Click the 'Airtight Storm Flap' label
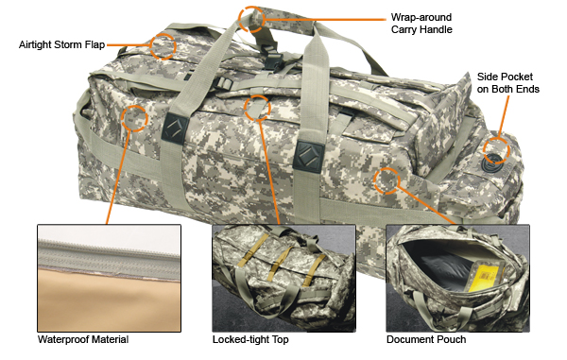pyautogui.click(x=61, y=44)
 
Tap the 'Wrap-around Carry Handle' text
pyautogui.click(x=421, y=24)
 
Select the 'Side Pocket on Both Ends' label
pyautogui.click(x=508, y=83)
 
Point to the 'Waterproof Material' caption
pyautogui.click(x=83, y=340)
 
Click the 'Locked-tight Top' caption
pyautogui.click(x=250, y=340)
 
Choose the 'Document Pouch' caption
pyautogui.click(x=426, y=340)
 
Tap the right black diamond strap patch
pyautogui.click(x=308, y=157)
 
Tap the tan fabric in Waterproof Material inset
pyautogui.click(x=110, y=301)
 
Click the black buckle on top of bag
pyautogui.click(x=272, y=60)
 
